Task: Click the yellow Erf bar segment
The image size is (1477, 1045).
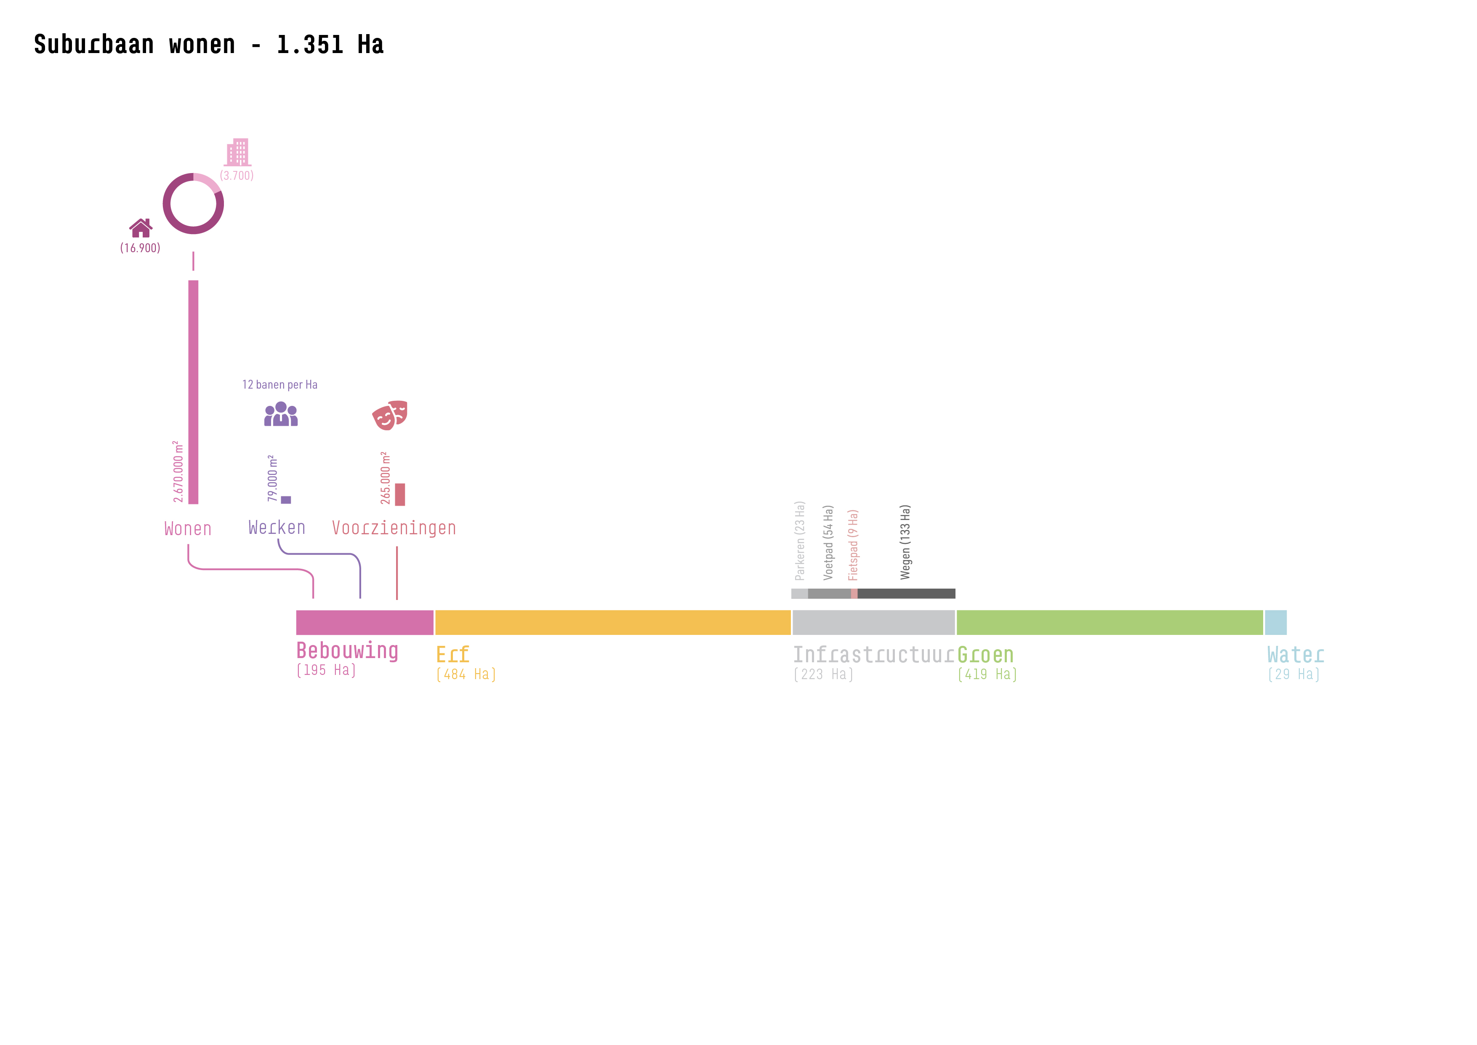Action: [612, 622]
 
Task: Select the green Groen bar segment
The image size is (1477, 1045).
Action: [1109, 622]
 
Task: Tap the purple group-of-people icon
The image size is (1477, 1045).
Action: [281, 414]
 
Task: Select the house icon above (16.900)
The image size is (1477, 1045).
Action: [140, 228]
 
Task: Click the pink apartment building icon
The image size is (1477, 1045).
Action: [237, 152]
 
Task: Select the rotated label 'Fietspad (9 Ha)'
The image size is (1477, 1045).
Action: [853, 545]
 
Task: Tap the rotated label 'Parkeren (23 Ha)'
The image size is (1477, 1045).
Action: [800, 541]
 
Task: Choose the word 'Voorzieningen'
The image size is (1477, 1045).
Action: [394, 528]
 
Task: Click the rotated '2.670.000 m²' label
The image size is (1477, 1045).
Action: [178, 472]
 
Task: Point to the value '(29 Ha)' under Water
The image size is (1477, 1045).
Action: [1293, 674]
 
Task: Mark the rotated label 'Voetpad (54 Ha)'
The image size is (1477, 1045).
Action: [828, 542]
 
